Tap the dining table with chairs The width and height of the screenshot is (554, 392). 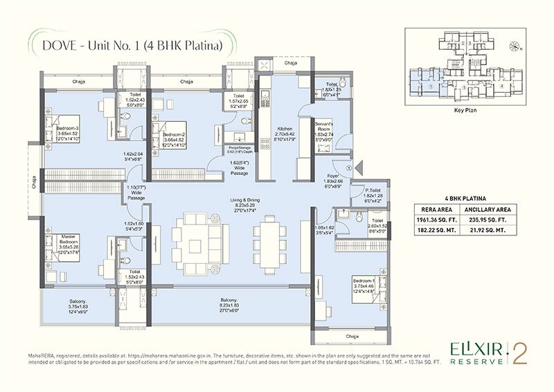pyautogui.click(x=269, y=236)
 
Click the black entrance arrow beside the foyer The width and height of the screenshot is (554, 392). pyautogui.click(x=360, y=168)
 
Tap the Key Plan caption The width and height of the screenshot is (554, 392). pyautogui.click(x=463, y=109)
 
